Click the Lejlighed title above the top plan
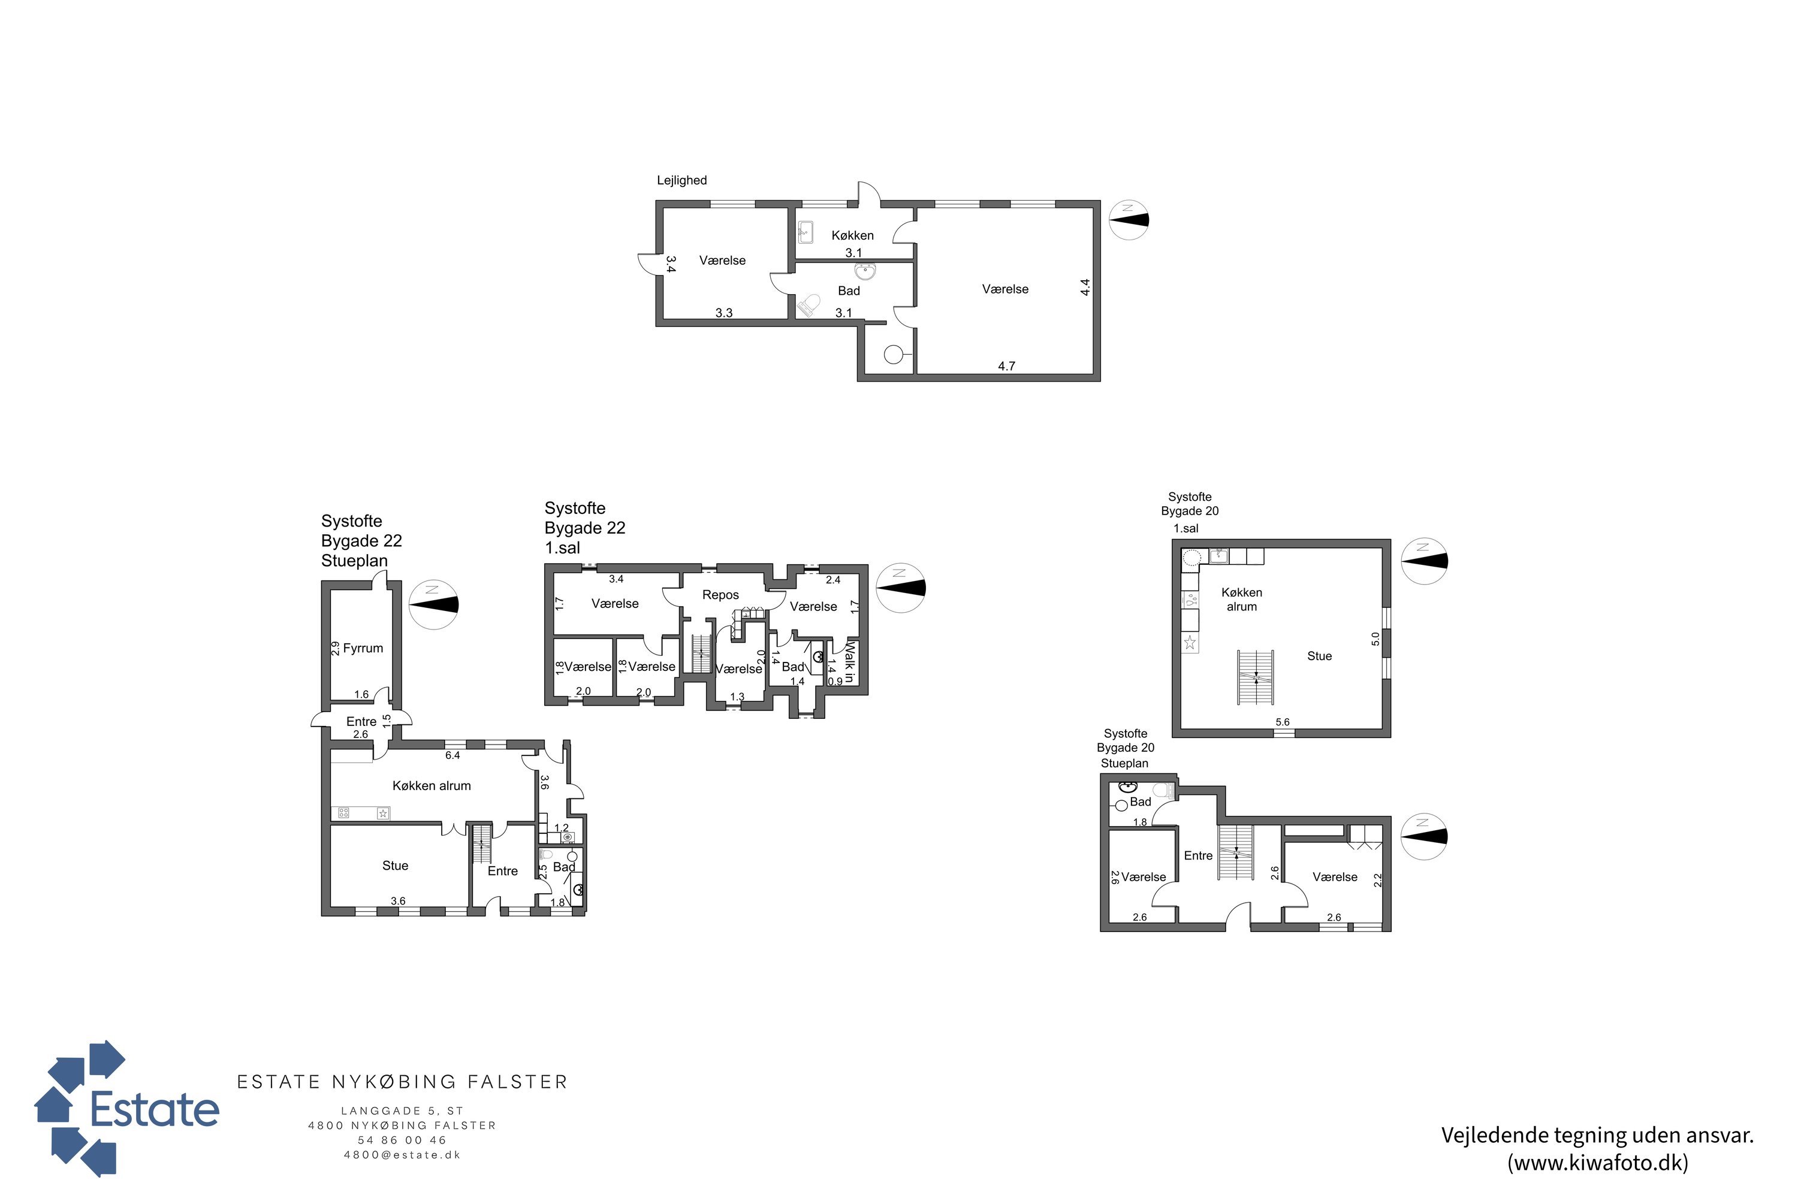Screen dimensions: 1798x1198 click(x=682, y=181)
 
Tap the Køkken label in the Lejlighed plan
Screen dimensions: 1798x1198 click(x=852, y=235)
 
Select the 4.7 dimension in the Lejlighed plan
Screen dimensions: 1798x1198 click(x=1007, y=367)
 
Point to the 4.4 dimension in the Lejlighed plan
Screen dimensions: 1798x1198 click(x=1085, y=288)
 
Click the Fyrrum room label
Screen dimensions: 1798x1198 click(x=363, y=649)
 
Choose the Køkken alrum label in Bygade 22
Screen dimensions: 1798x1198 click(x=432, y=786)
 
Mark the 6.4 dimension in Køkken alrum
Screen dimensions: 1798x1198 click(x=452, y=755)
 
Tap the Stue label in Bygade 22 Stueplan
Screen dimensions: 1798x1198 click(x=395, y=866)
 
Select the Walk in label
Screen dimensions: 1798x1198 click(x=849, y=662)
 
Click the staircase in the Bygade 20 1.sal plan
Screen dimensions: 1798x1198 click(x=1256, y=677)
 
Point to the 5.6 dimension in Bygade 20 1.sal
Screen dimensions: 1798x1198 click(x=1283, y=722)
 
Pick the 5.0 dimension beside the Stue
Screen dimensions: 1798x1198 click(x=1376, y=639)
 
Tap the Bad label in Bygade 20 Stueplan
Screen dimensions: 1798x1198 click(x=1141, y=802)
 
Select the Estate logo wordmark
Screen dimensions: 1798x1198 click(x=155, y=1109)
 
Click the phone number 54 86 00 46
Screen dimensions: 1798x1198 click(x=402, y=1140)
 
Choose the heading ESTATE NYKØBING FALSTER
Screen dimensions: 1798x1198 click(x=403, y=1082)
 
